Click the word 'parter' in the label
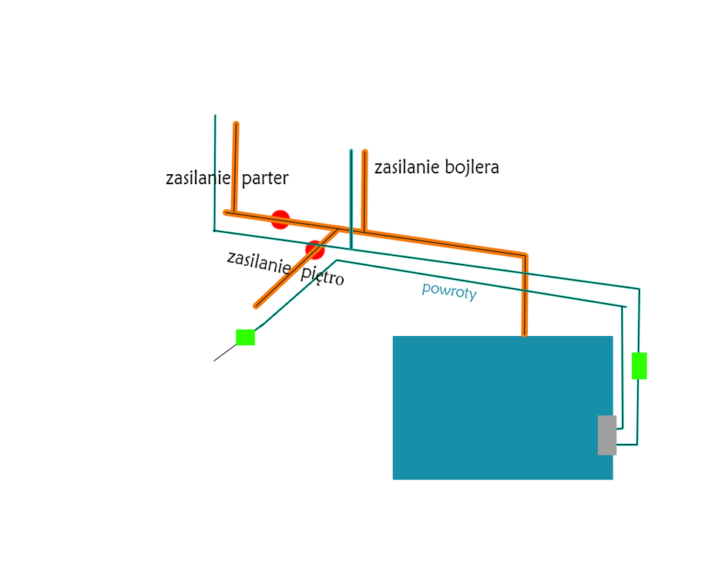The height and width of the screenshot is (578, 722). click(265, 179)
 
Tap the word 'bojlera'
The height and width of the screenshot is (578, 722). click(472, 166)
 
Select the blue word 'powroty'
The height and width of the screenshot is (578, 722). click(449, 291)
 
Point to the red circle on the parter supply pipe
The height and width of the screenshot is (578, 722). click(280, 219)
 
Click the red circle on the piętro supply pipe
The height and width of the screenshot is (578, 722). click(315, 250)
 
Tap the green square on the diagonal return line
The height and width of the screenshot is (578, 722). click(246, 337)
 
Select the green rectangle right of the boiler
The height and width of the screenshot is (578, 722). click(639, 366)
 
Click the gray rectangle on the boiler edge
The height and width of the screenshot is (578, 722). click(607, 435)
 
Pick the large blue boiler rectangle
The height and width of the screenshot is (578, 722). click(502, 408)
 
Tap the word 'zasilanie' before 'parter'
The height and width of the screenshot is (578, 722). click(198, 178)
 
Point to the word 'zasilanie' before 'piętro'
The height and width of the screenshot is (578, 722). click(259, 262)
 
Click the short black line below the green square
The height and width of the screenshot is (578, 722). click(225, 353)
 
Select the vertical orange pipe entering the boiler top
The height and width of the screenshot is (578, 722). click(525, 295)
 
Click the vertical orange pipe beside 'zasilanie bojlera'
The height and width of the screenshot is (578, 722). click(364, 191)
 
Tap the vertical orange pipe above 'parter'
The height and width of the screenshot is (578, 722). click(235, 168)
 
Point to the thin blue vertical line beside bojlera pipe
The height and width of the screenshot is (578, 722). click(351, 200)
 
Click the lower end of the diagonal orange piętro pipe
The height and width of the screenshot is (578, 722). click(257, 306)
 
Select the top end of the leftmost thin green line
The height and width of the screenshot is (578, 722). click(215, 115)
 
